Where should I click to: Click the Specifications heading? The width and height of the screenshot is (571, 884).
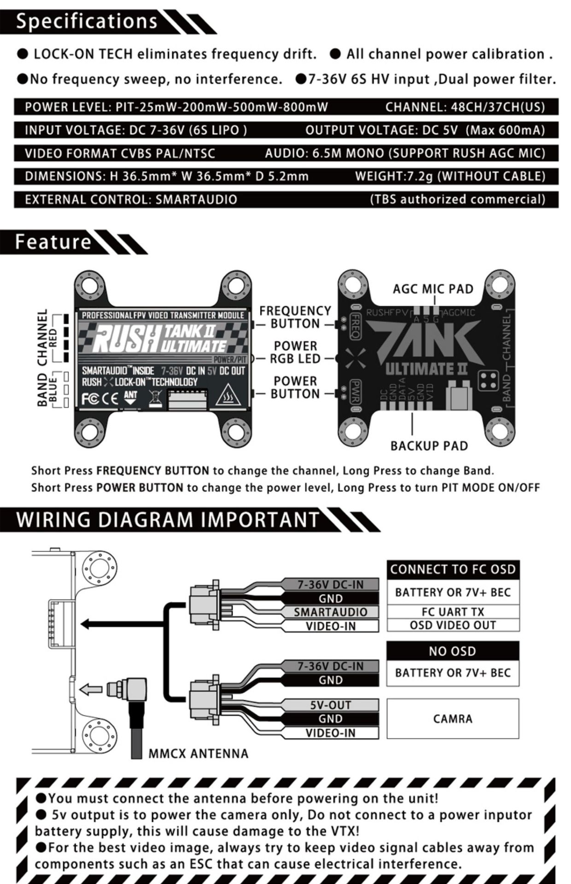tap(87, 21)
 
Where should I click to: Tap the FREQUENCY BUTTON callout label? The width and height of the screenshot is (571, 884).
tap(295, 317)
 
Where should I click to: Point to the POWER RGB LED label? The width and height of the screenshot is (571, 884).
tap(295, 352)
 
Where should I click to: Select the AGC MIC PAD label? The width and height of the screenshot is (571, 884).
tap(433, 289)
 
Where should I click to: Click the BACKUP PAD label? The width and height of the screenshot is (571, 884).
tap(429, 446)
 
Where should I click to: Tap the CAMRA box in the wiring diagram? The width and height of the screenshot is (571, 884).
tap(453, 719)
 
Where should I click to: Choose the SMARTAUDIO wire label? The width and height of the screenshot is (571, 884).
tap(331, 612)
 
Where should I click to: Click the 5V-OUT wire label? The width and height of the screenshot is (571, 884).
tap(331, 705)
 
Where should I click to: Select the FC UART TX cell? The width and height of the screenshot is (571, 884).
tap(453, 612)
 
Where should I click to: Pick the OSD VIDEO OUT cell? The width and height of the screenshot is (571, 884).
tap(453, 625)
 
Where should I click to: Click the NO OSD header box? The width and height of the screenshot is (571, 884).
tap(453, 651)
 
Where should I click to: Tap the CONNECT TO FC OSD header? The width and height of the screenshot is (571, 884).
tap(453, 570)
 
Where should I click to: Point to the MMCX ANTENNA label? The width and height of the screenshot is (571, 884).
tap(198, 754)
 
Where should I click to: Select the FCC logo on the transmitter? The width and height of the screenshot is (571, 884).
tap(90, 398)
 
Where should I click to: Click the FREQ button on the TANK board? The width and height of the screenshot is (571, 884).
tap(355, 326)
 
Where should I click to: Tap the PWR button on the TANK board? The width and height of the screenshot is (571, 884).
tap(355, 391)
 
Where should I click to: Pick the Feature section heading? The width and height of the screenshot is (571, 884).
tap(53, 242)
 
